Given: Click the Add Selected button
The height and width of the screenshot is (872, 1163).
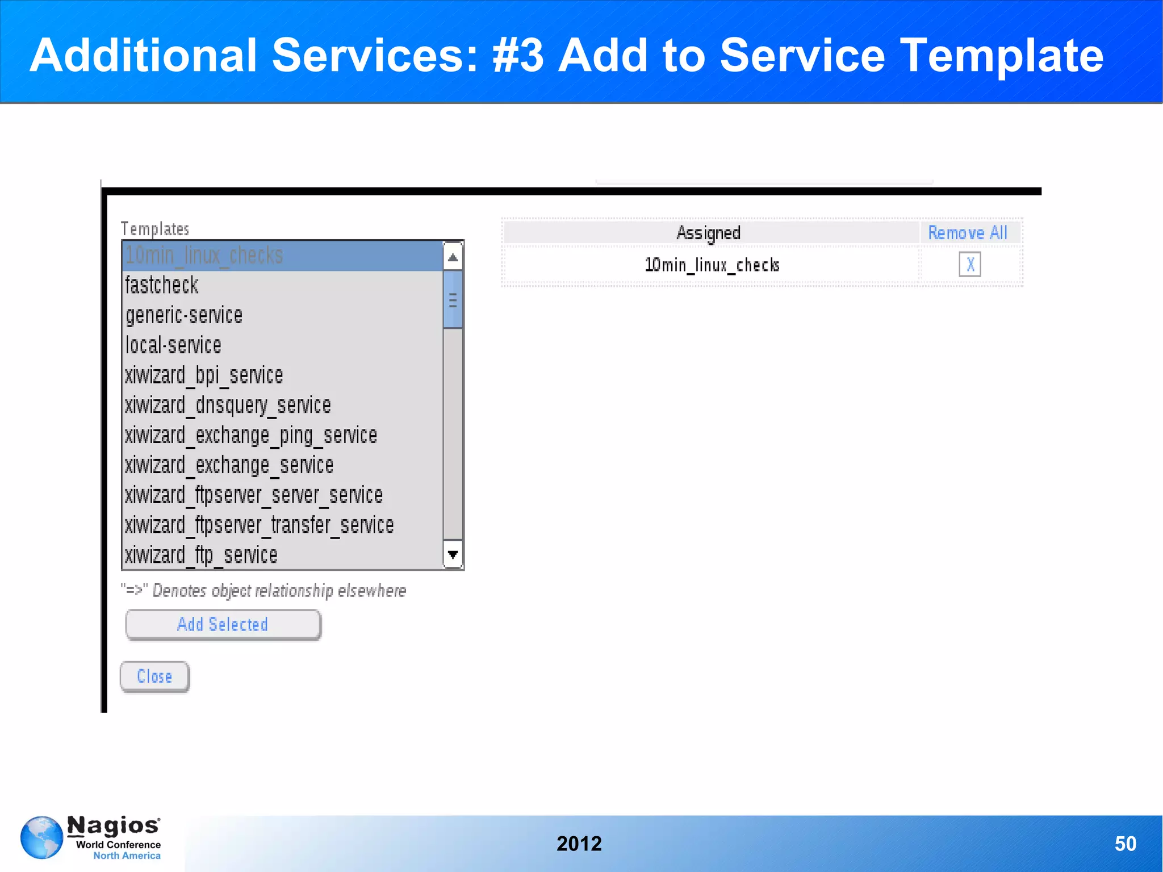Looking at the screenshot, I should click(223, 624).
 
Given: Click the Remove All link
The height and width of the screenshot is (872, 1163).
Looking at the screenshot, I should click(968, 233).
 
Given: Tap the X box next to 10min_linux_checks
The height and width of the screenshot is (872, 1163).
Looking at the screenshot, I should click(970, 265).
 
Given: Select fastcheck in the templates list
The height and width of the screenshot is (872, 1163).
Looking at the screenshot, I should click(162, 285).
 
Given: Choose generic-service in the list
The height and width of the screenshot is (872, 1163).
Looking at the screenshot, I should click(184, 315).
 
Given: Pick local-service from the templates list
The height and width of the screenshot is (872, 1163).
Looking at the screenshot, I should click(173, 345).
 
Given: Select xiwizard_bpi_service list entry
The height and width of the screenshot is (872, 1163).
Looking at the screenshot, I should click(204, 375).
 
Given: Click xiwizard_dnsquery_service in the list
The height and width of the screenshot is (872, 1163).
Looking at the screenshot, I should click(228, 406).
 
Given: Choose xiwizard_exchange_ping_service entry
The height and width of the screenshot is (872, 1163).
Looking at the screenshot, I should click(251, 436).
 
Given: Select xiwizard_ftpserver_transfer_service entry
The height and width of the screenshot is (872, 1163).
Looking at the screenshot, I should click(259, 525).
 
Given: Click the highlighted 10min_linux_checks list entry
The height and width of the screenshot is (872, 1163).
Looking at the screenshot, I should click(204, 256).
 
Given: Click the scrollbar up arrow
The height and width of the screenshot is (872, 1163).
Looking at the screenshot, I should click(453, 257).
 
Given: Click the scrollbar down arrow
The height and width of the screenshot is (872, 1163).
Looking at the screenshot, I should click(453, 554).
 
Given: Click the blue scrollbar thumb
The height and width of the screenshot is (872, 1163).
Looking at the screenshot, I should click(453, 299).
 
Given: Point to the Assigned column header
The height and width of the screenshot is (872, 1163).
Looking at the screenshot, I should click(708, 233).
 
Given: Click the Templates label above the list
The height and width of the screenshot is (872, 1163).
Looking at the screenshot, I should click(154, 229).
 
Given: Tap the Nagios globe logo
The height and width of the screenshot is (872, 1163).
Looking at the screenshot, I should click(42, 837).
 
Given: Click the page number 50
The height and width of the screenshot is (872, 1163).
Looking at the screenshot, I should click(1125, 844).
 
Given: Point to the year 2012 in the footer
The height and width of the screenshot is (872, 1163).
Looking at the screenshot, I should click(579, 844).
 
